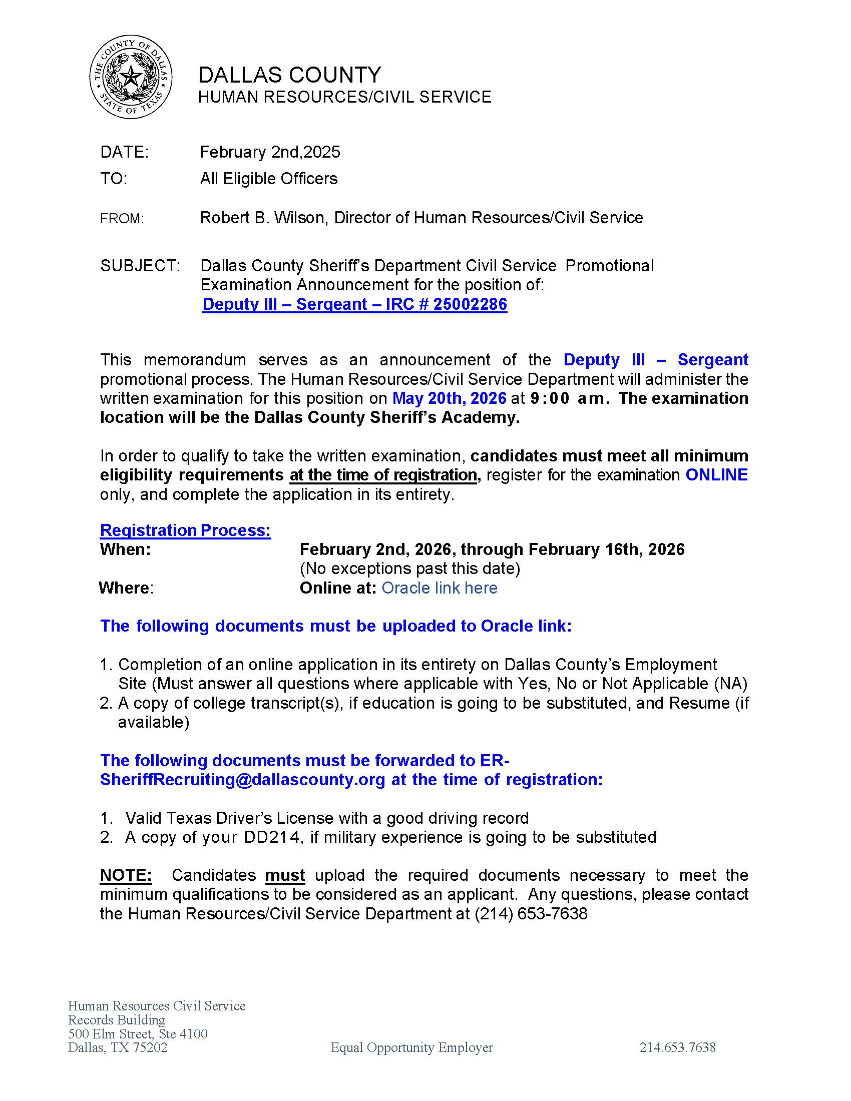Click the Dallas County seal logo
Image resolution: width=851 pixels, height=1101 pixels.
point(131,78)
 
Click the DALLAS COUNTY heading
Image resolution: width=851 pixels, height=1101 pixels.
point(289,75)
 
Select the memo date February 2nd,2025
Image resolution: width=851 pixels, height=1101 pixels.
point(270,152)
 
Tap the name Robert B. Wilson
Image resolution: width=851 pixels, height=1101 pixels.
point(262,218)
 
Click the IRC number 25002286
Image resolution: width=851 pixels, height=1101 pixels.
point(470,304)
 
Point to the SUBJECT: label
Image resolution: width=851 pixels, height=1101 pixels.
point(140,266)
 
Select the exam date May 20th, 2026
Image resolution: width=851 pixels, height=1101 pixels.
point(449,398)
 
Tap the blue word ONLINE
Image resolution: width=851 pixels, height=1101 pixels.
point(716,475)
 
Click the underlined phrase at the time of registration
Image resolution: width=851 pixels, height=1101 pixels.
point(383,475)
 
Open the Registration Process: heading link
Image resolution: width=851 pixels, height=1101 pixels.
point(185,530)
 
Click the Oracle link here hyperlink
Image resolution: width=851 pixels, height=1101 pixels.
point(439,588)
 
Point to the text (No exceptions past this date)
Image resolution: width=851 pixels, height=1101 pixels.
point(410,569)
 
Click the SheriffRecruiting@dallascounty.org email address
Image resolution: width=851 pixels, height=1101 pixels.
point(242,779)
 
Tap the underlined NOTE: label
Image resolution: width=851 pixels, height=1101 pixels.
point(126,875)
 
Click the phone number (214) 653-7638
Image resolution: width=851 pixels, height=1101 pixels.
point(531,913)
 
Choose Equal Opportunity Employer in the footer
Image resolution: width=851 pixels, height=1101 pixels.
point(411,1047)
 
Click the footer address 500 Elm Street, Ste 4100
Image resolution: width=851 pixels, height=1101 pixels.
point(138,1034)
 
